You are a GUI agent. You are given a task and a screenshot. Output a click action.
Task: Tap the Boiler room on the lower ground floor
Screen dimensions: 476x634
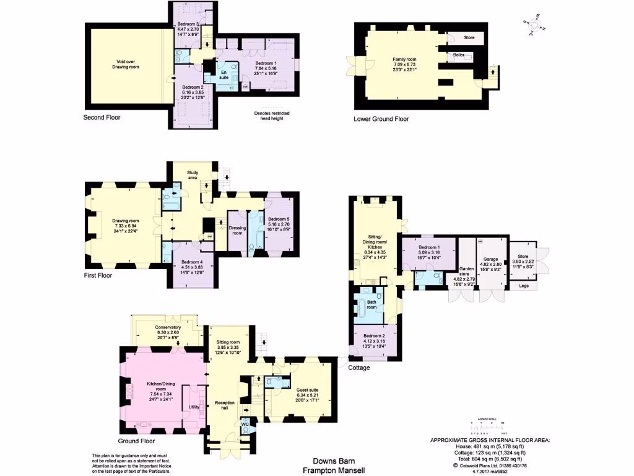coord(459,55)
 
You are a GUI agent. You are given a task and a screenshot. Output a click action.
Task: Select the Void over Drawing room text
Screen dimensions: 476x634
coord(128,64)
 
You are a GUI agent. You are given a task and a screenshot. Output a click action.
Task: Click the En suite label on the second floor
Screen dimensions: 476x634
coord(224,76)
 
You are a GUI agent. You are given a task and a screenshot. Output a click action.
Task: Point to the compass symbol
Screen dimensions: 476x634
coord(535,24)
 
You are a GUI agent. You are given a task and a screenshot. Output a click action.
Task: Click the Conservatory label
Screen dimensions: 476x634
coord(168,330)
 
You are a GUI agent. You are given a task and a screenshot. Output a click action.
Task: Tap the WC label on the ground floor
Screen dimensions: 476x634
coord(245,425)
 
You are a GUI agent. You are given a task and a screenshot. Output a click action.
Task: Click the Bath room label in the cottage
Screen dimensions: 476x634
coord(372,304)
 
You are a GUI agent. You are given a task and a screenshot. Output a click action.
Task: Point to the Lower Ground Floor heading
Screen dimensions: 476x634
coord(381,119)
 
